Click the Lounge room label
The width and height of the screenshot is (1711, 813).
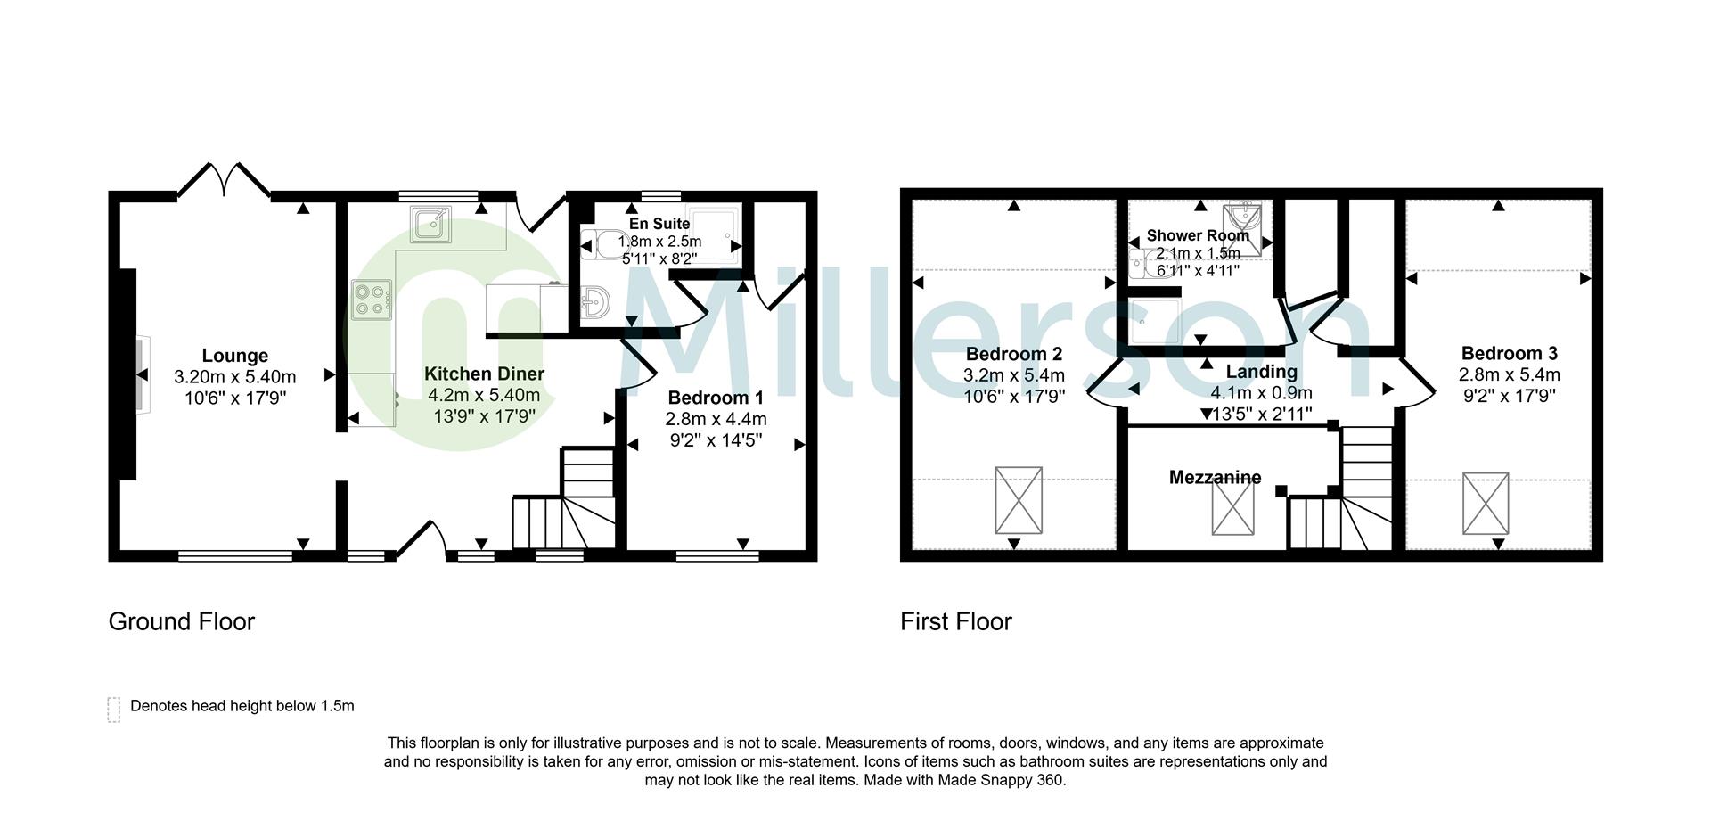[x=234, y=356]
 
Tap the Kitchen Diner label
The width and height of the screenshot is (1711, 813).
[x=484, y=374]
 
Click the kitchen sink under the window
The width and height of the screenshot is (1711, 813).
[x=432, y=224]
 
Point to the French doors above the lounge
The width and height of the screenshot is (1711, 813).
[x=224, y=181]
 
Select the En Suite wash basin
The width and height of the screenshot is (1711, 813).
[x=594, y=303]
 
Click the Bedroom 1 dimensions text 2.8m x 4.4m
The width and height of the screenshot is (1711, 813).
[x=716, y=419]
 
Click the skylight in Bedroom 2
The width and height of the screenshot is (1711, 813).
[x=1019, y=500]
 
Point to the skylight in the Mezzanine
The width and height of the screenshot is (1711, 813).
[x=1232, y=511]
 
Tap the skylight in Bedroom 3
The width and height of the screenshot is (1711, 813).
[x=1486, y=504]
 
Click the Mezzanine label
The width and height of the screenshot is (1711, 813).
[x=1215, y=478]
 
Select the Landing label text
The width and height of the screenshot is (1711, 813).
[x=1261, y=372]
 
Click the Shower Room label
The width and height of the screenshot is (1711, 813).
[x=1197, y=235]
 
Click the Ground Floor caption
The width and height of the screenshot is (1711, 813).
[x=182, y=621]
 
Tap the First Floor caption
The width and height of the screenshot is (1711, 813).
[x=955, y=621]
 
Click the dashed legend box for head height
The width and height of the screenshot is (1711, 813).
[x=114, y=710]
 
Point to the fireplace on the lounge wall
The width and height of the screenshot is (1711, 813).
[x=143, y=374]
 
